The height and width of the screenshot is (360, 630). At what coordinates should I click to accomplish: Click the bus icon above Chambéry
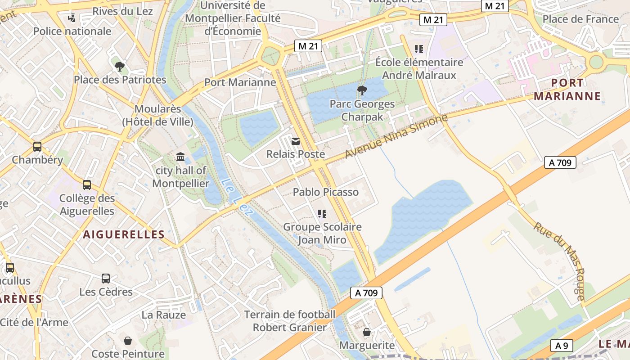[37, 147]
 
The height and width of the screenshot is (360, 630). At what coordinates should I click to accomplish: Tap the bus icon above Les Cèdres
[106, 279]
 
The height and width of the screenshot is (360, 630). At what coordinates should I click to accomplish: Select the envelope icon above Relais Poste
[296, 141]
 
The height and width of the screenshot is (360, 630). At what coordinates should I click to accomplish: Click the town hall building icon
[180, 157]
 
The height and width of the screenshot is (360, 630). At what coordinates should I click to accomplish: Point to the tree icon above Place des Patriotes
[120, 67]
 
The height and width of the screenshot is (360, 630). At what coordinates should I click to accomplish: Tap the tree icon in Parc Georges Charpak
[362, 90]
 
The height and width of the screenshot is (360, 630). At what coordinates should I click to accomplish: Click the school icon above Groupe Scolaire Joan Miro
[322, 214]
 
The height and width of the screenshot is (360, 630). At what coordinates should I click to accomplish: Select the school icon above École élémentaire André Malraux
[419, 49]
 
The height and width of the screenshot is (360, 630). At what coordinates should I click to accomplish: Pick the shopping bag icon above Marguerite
[367, 333]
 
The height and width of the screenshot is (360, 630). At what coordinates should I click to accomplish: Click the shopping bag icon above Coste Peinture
[128, 341]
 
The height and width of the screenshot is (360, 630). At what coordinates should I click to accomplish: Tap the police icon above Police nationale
[72, 18]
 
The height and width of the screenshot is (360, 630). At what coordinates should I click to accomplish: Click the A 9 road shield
[561, 346]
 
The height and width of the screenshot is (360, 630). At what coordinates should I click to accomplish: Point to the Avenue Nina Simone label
[396, 136]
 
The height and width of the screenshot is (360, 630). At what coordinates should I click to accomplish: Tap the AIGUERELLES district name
[124, 234]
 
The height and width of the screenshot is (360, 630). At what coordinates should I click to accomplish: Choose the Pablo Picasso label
[326, 192]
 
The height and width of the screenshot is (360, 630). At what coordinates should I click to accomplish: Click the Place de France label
[580, 19]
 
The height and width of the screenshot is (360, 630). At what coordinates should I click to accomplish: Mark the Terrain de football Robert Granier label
[290, 320]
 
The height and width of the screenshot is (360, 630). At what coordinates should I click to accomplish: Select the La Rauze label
[164, 315]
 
